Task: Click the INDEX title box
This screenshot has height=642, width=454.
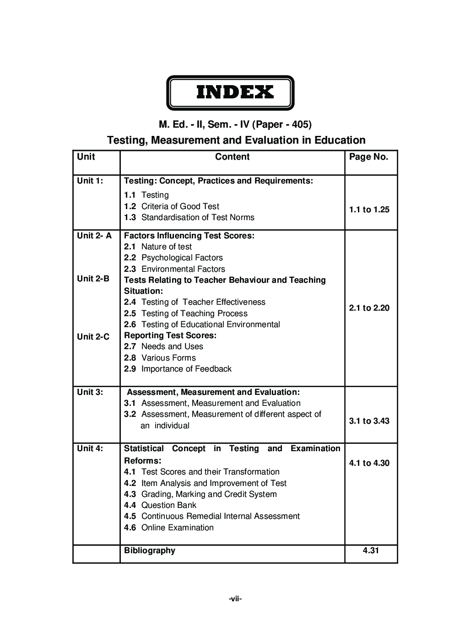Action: point(230,93)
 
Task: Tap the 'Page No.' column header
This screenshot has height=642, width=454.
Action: point(368,157)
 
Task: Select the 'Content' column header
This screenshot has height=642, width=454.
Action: point(232,157)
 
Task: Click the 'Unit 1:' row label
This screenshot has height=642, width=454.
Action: point(90,181)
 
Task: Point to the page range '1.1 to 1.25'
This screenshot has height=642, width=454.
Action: point(369,210)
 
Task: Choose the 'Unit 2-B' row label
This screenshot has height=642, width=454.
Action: point(93,279)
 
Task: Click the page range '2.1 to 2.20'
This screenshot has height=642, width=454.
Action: point(369,308)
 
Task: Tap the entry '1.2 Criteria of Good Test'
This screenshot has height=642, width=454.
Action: point(172,206)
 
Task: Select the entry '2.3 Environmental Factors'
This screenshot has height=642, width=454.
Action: point(174,269)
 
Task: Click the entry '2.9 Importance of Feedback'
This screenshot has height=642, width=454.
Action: point(178,369)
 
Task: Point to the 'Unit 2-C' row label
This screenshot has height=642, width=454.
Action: point(93,337)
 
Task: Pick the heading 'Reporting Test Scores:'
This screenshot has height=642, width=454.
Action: point(170,335)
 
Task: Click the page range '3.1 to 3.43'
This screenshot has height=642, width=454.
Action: point(369,421)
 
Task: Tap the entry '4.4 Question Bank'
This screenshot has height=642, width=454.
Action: point(160,505)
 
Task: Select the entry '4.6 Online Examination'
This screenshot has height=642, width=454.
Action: point(169,528)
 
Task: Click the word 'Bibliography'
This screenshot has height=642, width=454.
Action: point(150,550)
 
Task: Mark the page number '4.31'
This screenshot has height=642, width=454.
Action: point(371,550)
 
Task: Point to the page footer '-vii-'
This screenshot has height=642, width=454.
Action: point(235,599)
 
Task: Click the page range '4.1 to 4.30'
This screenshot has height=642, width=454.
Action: point(369,463)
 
